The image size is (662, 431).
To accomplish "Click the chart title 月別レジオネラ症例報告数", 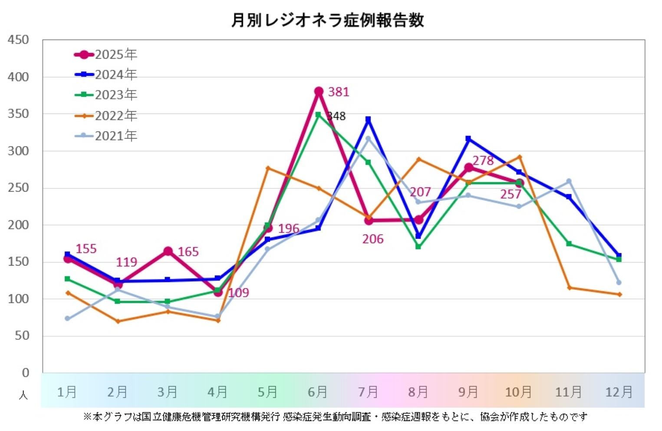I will click(x=328, y=20).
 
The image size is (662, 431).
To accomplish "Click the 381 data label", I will click(x=339, y=92).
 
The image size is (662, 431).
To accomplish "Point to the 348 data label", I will click(x=337, y=116).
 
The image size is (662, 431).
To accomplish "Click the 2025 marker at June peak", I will click(x=319, y=91).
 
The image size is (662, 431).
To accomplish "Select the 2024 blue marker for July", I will click(x=368, y=119).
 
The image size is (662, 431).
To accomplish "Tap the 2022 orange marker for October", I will click(x=519, y=157).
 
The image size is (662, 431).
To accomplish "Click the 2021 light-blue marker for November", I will click(x=569, y=181).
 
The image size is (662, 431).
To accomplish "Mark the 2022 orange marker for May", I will click(x=268, y=168).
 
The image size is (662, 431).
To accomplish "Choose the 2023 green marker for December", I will click(x=619, y=259).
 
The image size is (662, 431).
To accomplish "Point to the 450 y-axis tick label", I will click(x=18, y=40).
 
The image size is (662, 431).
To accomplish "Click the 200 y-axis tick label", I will click(x=18, y=225).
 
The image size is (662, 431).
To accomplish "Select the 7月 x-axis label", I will click(x=368, y=392).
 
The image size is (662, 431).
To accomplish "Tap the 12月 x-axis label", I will click(x=619, y=392).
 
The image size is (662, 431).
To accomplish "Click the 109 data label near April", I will click(x=239, y=293).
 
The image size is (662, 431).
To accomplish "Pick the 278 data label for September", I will click(x=483, y=161).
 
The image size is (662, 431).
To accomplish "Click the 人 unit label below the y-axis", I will click(x=23, y=395).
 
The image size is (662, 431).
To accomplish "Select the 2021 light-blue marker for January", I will click(x=67, y=318).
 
